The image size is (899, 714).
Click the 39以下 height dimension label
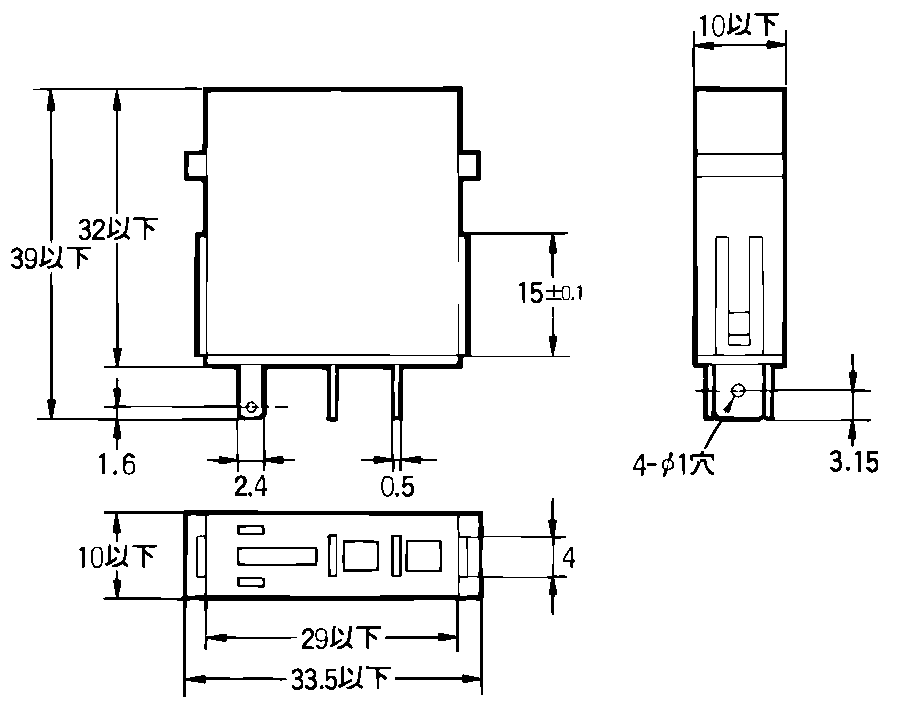pyautogui.click(x=51, y=258)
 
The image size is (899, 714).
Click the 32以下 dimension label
pyautogui.click(x=117, y=229)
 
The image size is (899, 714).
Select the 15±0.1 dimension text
pyautogui.click(x=551, y=293)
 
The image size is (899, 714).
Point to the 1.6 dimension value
pyautogui.click(x=117, y=463)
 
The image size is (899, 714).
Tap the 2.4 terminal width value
pyautogui.click(x=251, y=486)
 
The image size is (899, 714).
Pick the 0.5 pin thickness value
pyautogui.click(x=397, y=486)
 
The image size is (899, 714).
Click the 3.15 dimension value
pyautogui.click(x=854, y=461)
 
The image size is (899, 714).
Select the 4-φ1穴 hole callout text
pyautogui.click(x=674, y=464)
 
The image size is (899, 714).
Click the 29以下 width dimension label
pyautogui.click(x=340, y=638)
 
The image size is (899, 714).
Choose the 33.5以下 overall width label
pyautogui.click(x=340, y=679)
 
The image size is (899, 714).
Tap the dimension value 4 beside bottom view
pyautogui.click(x=568, y=557)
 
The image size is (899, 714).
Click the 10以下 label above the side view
pyautogui.click(x=738, y=25)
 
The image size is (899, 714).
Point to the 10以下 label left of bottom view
pyautogui.click(x=116, y=557)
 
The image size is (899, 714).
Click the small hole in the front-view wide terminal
pyautogui.click(x=251, y=408)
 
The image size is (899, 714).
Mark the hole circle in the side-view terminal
pyautogui.click(x=738, y=391)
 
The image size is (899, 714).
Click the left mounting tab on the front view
pyautogui.click(x=194, y=165)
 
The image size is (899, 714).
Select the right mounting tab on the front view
pyautogui.click(x=470, y=165)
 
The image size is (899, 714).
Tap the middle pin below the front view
pyautogui.click(x=332, y=393)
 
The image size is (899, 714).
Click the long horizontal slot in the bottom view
pyautogui.click(x=277, y=556)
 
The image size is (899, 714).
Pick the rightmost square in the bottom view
pyautogui.click(x=424, y=556)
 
